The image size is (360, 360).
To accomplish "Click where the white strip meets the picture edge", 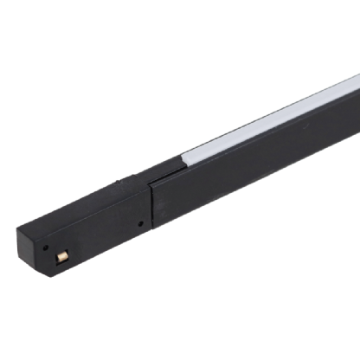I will click(357, 82).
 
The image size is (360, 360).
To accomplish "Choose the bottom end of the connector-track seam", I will click(154, 231).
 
